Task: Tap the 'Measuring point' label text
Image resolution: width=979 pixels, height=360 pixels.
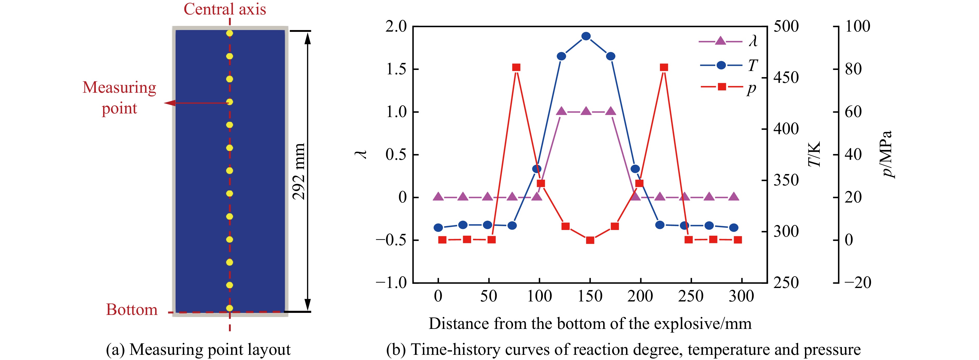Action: coord(119,98)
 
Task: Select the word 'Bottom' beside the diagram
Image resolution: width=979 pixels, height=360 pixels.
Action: coord(132,309)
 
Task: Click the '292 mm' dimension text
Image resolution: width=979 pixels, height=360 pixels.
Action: coord(299,171)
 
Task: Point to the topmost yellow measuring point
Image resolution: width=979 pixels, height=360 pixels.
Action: coord(229,33)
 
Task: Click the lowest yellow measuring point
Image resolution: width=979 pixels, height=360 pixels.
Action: coord(229,308)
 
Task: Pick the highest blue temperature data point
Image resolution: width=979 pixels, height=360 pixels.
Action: coord(586,36)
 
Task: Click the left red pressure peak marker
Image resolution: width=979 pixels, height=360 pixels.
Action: coord(516,67)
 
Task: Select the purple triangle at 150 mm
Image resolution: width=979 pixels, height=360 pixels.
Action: coord(586,111)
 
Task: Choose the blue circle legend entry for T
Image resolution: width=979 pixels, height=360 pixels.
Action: coord(721,65)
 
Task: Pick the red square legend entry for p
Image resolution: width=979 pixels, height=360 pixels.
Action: coord(722,87)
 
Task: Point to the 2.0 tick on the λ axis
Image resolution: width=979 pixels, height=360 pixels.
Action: coord(396,27)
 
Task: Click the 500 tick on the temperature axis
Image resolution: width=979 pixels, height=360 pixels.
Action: coord(786,27)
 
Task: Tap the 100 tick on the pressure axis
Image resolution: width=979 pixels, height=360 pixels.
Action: coord(857,27)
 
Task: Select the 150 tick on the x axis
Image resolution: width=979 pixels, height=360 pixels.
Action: coord(590,296)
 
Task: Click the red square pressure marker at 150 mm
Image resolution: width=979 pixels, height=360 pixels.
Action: coord(590,240)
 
